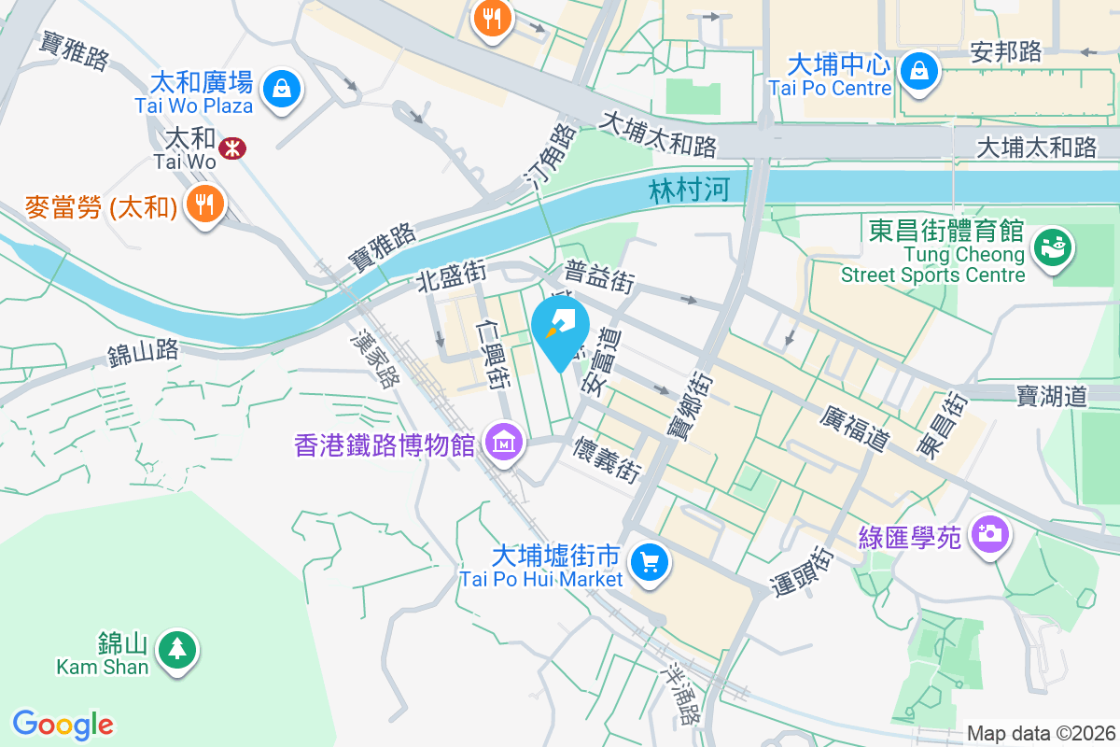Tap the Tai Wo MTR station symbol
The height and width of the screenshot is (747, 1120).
(x=230, y=147)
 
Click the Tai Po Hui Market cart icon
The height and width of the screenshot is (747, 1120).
(x=648, y=562)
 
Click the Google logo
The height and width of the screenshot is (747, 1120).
(x=63, y=724)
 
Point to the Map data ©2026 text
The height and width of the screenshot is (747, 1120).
(x=1040, y=734)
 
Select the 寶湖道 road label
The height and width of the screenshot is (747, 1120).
(x=1052, y=396)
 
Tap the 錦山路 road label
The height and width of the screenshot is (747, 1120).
(x=143, y=353)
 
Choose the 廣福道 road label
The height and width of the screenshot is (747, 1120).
(x=853, y=427)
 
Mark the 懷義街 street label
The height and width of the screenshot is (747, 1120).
(x=608, y=458)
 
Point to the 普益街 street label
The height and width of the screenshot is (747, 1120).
(x=599, y=276)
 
